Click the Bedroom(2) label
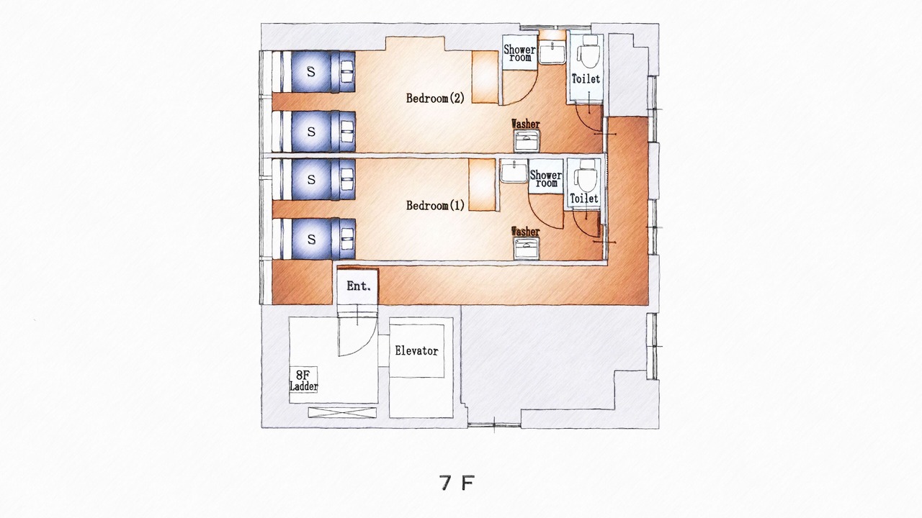[435, 99]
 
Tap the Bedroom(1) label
[435, 205]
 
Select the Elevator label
[416, 350]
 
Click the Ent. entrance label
[358, 286]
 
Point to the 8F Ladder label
[304, 381]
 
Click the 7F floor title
[457, 483]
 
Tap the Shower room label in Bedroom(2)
[520, 53]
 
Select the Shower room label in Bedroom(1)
[546, 179]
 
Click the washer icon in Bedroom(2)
[527, 140]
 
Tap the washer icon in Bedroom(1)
[527, 248]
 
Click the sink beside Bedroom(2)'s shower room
[552, 52]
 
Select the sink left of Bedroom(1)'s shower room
[514, 171]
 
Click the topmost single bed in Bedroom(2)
[313, 71]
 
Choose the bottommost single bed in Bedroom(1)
[313, 239]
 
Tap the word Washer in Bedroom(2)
[526, 124]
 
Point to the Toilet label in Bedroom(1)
[584, 199]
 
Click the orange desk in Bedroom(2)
[485, 77]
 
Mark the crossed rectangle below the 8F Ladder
[342, 412]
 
